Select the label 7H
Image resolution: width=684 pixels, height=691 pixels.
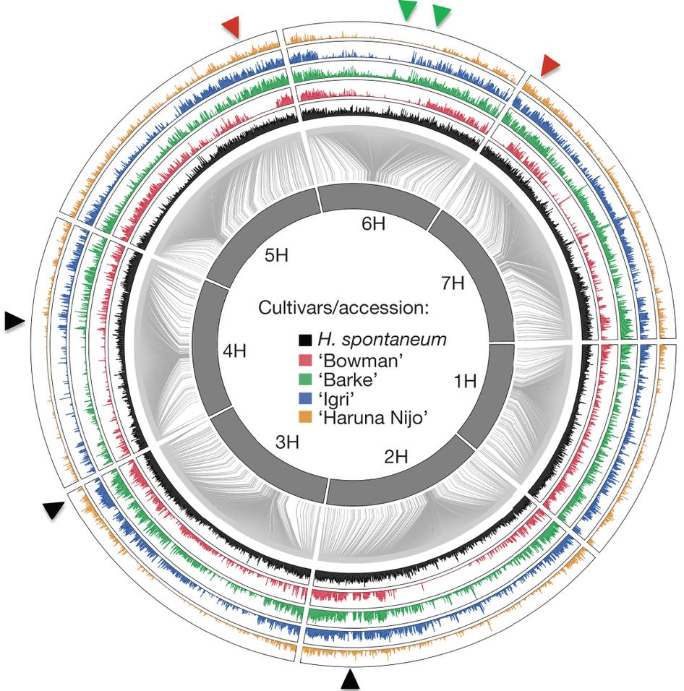pyautogui.click(x=454, y=282)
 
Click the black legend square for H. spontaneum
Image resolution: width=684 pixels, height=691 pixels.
pyautogui.click(x=305, y=338)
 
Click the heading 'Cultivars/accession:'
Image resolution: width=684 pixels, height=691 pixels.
pyautogui.click(x=343, y=309)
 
